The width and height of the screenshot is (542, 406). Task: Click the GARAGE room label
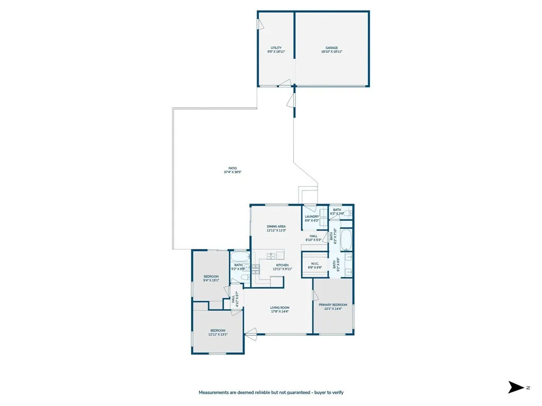click(x=332, y=48)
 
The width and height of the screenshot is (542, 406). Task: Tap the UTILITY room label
click(x=276, y=48)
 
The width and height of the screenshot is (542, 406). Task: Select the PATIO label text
click(x=233, y=168)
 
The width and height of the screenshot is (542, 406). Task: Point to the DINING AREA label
click(x=276, y=226)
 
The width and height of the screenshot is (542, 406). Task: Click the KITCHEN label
click(x=282, y=265)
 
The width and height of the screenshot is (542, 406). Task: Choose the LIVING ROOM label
click(x=280, y=308)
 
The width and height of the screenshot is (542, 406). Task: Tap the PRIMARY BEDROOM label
click(x=333, y=304)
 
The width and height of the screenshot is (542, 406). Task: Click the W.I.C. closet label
click(x=315, y=263)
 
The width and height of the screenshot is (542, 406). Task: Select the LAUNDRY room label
click(x=312, y=216)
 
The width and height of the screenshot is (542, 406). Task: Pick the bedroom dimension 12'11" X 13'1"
click(x=218, y=334)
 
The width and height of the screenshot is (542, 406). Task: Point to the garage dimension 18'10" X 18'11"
click(x=332, y=52)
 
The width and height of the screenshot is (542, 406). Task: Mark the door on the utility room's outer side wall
click(x=260, y=25)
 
